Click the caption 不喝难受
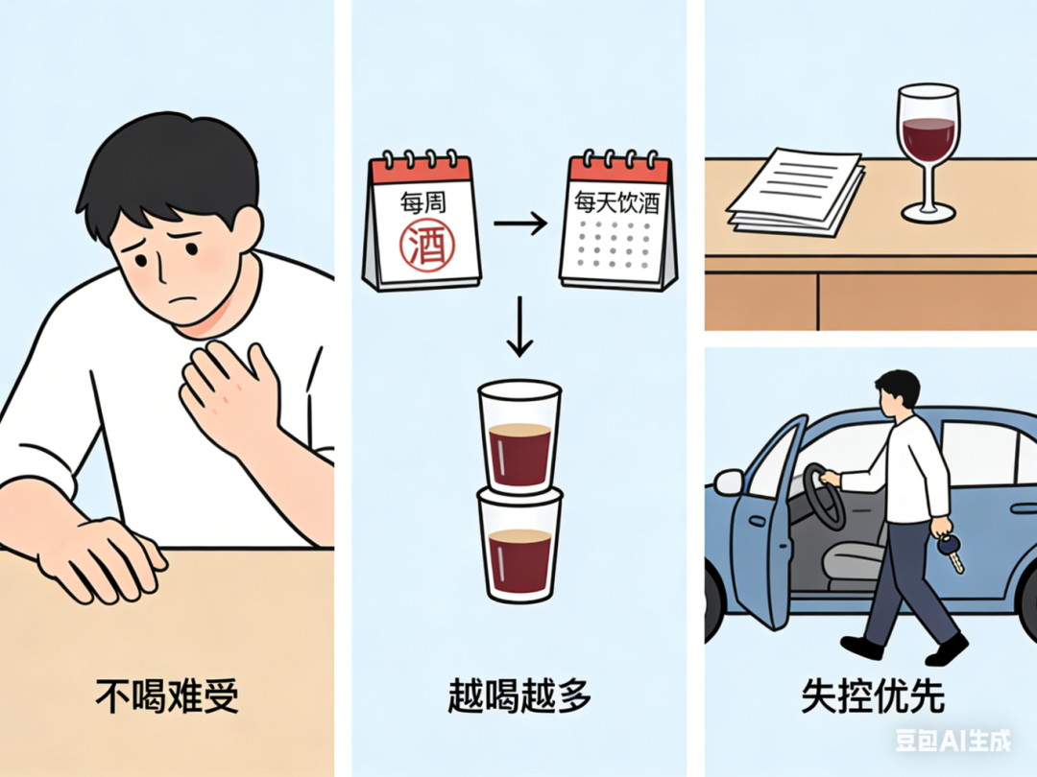167,695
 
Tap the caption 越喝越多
519,695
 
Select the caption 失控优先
872,695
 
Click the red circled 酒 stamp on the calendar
427,244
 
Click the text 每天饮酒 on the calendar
616,201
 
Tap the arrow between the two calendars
519,224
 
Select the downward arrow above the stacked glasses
519,326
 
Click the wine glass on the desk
928,152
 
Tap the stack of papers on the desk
796,191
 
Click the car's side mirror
730,482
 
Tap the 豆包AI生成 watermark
953,740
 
